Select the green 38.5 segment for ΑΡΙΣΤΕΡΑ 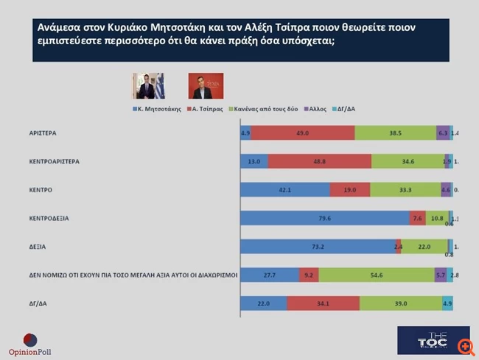pos(395,133)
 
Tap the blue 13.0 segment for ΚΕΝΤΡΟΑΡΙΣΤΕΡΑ pos(254,161)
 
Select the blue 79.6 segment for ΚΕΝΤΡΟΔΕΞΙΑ pos(324,218)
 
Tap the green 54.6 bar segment pos(376,275)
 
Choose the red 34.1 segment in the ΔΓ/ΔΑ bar pos(323,303)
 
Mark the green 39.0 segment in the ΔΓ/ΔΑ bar pos(400,303)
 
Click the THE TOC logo pos(433,340)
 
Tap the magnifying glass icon pos(465,345)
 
